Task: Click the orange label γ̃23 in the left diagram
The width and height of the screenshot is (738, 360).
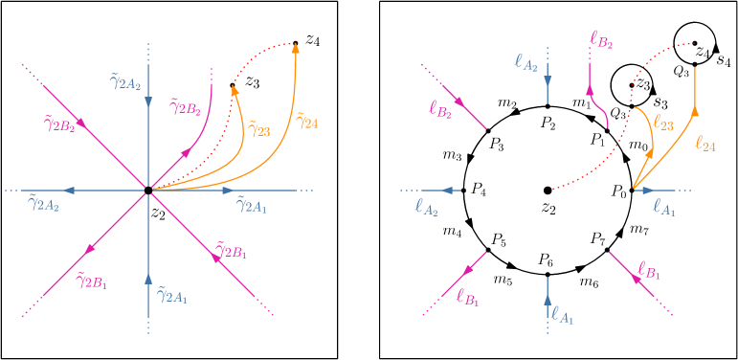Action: [258, 129]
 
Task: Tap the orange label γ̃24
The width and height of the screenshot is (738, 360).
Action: [307, 121]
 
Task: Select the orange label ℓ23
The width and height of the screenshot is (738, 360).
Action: [662, 123]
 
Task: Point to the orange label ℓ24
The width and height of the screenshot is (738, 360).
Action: [704, 144]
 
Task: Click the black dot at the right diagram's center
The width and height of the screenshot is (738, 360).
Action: [548, 191]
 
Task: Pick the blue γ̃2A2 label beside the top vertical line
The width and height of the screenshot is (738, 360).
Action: [125, 82]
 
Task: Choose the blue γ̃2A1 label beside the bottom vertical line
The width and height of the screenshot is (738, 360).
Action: [171, 296]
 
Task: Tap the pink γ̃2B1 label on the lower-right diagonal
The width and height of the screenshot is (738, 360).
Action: [230, 251]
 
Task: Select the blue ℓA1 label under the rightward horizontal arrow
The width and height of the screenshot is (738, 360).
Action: [663, 207]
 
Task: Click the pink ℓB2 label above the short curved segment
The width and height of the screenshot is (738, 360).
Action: [602, 40]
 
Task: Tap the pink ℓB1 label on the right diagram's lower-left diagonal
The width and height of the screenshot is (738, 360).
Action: [468, 299]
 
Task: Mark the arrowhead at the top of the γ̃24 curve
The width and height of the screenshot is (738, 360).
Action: [295, 48]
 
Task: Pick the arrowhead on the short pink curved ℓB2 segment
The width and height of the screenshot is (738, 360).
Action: [591, 92]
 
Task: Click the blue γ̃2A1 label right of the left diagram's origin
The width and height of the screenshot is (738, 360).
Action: [252, 205]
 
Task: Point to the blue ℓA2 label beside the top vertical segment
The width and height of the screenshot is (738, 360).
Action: [526, 63]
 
